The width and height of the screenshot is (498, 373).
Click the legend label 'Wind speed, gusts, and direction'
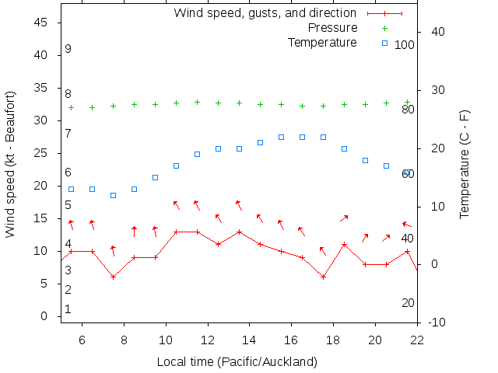click(265, 13)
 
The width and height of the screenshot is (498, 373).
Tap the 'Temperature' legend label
click(322, 42)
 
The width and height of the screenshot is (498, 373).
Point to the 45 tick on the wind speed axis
click(41, 23)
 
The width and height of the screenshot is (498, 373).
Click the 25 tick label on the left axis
click(41, 154)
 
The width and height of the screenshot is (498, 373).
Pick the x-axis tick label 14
click(249, 340)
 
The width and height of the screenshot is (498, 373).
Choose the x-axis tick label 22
click(417, 340)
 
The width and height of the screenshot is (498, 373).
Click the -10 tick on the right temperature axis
click(436, 322)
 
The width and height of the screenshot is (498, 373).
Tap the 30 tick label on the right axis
click(433, 90)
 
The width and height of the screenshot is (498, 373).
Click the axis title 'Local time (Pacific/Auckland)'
click(237, 361)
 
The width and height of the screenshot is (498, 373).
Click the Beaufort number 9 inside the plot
click(68, 49)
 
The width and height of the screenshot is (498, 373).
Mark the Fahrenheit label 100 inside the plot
click(404, 45)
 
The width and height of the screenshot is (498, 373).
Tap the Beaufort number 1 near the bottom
click(68, 309)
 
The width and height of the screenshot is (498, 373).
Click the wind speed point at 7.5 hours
click(113, 277)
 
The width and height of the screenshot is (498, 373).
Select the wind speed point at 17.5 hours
click(323, 277)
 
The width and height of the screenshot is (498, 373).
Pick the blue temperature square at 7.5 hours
click(113, 195)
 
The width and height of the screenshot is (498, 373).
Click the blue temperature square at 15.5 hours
click(281, 137)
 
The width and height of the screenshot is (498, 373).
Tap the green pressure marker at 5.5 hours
click(71, 107)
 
